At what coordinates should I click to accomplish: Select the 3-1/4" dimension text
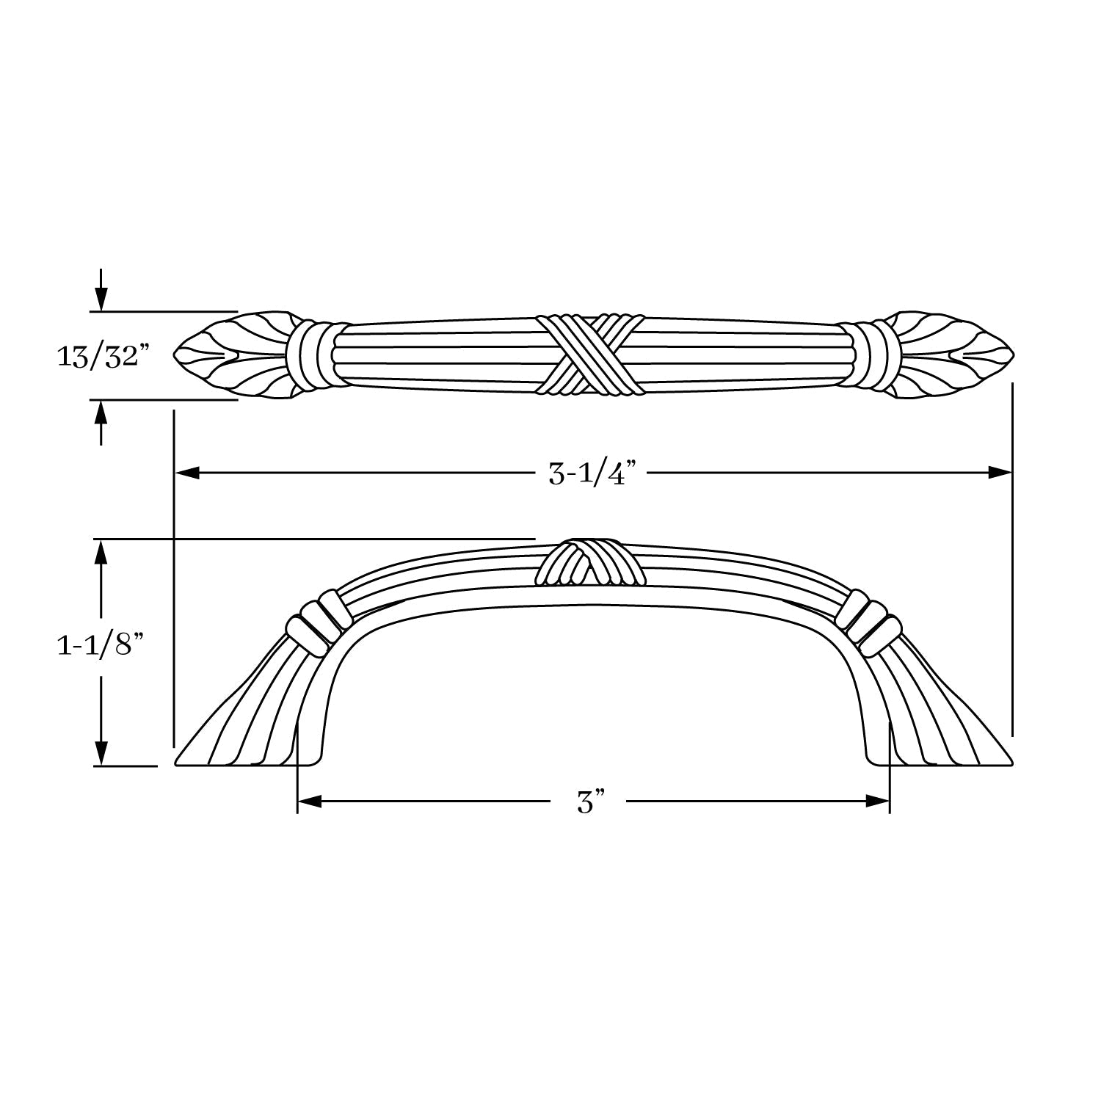click(x=591, y=474)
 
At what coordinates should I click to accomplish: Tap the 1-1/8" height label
click(x=99, y=648)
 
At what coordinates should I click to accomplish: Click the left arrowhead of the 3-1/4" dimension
click(x=186, y=473)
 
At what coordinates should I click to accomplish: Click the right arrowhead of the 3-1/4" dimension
click(x=1000, y=473)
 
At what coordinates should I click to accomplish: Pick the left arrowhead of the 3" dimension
click(x=309, y=802)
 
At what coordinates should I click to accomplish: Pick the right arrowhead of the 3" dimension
click(x=878, y=802)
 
